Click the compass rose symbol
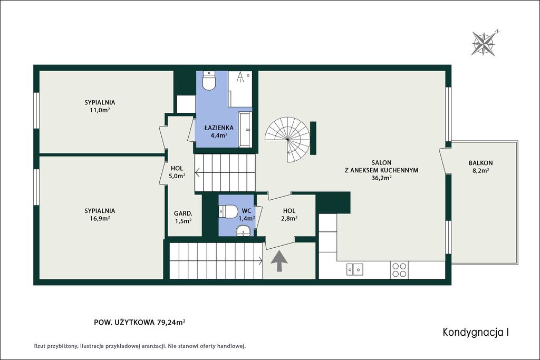click(484, 43)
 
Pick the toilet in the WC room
click(228, 211)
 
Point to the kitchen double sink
click(355, 269)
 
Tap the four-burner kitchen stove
click(399, 270)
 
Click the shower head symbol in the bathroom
click(240, 77)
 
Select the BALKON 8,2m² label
click(480, 167)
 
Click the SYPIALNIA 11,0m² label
click(100, 106)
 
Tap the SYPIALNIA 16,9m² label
click(100, 214)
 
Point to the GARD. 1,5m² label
click(183, 217)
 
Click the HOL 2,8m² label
click(290, 215)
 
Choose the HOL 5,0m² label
click(177, 172)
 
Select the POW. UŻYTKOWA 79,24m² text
click(140, 323)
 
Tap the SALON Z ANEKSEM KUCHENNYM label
click(382, 170)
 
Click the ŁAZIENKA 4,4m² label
click(219, 131)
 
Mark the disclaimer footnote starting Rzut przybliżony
click(139, 346)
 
